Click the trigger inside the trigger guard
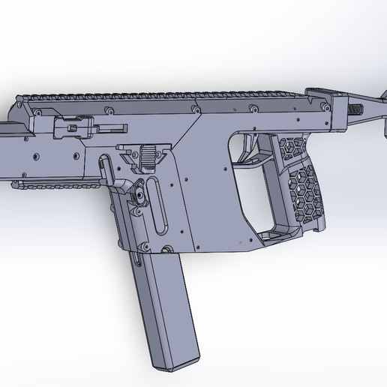point(247,151)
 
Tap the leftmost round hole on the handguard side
point(33,158)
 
